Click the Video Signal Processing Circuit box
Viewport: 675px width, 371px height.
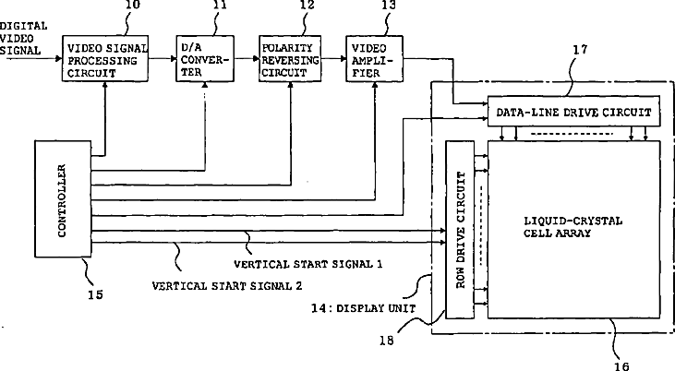(105, 58)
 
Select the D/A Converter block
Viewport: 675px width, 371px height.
(205, 58)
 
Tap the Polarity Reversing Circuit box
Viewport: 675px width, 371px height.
(290, 58)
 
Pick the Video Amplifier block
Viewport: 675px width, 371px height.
(375, 58)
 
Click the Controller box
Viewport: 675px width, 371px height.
(63, 198)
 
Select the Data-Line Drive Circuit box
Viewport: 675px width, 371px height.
(573, 112)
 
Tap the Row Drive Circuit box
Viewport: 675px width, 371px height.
(460, 230)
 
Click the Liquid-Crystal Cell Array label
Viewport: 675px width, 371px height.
(573, 227)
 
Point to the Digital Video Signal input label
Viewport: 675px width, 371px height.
(23, 39)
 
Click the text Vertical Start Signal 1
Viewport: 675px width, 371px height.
(308, 264)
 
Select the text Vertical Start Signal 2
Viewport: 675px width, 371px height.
(227, 286)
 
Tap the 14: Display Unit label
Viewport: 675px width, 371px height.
(363, 308)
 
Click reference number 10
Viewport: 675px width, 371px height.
(133, 5)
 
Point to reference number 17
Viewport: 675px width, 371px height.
(580, 50)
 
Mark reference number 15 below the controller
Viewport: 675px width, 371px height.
(95, 294)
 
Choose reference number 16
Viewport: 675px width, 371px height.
(621, 365)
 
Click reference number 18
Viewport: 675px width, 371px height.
(387, 341)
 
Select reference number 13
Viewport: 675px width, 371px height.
(389, 5)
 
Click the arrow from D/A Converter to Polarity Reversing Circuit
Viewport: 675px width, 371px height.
(247, 58)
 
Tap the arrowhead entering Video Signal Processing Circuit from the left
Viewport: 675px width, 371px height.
(59, 58)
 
